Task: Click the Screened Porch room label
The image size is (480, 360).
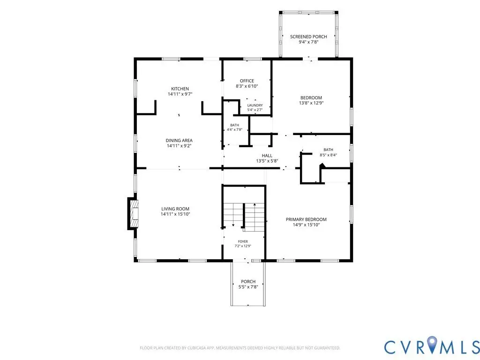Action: point(308,37)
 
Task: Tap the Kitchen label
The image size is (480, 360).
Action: point(180,89)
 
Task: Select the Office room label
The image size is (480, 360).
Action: point(247,81)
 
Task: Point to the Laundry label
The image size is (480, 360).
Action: point(255,105)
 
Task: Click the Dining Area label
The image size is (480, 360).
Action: point(179,141)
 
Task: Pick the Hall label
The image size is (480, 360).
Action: point(267,156)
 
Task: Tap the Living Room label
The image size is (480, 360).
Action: point(175,209)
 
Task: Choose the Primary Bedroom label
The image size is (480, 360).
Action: point(306,219)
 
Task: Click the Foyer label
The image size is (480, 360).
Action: point(243,241)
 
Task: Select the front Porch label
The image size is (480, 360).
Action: point(248,282)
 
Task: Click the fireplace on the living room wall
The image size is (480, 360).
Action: point(133,214)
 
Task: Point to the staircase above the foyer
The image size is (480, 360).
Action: point(244,217)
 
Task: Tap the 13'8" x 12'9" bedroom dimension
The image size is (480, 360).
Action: point(311,103)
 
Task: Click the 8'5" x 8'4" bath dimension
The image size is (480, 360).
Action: point(329,155)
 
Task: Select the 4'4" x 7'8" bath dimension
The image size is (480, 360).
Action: point(234,129)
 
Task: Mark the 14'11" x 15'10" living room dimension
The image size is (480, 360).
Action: point(175,214)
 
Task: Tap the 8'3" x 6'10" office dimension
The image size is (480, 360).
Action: point(247,86)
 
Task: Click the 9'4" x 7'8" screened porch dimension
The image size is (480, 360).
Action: point(308,42)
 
